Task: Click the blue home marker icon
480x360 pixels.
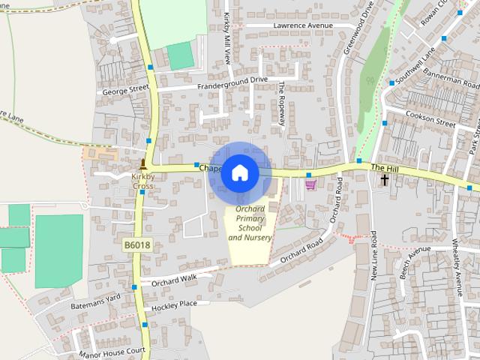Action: coord(239,172)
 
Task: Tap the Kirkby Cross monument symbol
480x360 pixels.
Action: coord(143,163)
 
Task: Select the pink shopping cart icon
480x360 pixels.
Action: coord(310,184)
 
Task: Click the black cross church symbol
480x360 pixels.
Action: coord(385,179)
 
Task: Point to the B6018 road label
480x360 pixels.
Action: coord(136,244)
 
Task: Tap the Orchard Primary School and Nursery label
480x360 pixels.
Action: coord(250,223)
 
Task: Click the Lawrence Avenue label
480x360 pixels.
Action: coord(302,25)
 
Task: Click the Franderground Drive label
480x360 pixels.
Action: coord(232,80)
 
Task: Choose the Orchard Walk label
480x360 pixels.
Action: coord(173,278)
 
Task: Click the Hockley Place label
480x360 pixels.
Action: coord(173,304)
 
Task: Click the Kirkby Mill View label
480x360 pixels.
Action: coord(226,37)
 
